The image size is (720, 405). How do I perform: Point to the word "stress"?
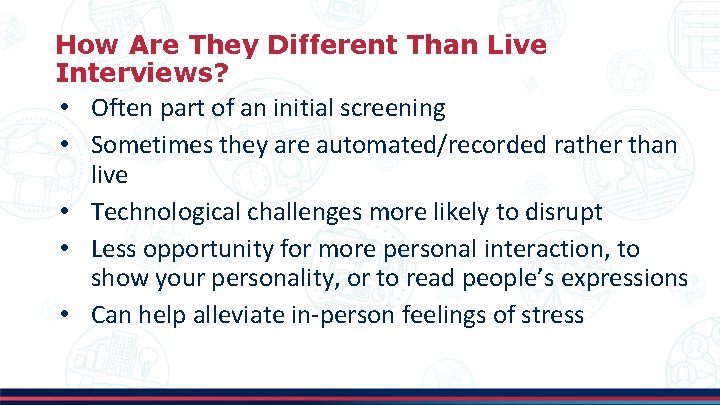pos(553,315)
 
